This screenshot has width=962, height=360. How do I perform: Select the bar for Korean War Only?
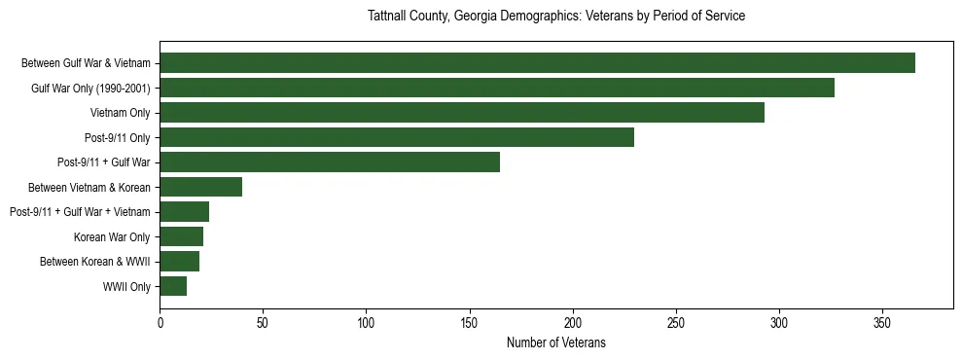point(181,236)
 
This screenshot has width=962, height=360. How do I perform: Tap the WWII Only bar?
point(173,286)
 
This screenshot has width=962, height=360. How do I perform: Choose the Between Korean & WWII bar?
point(179,261)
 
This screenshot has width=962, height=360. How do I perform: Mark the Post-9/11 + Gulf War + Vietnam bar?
point(184,212)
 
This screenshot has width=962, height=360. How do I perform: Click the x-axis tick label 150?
point(470,323)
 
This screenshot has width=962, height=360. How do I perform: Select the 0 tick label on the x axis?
point(160,323)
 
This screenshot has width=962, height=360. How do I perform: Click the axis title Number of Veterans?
point(555,342)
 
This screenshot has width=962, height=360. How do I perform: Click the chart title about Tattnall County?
point(556,17)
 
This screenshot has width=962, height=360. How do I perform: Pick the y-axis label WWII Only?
point(126,286)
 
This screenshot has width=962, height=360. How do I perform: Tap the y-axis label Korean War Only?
point(112,236)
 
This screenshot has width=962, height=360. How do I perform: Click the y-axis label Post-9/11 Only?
point(118,137)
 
